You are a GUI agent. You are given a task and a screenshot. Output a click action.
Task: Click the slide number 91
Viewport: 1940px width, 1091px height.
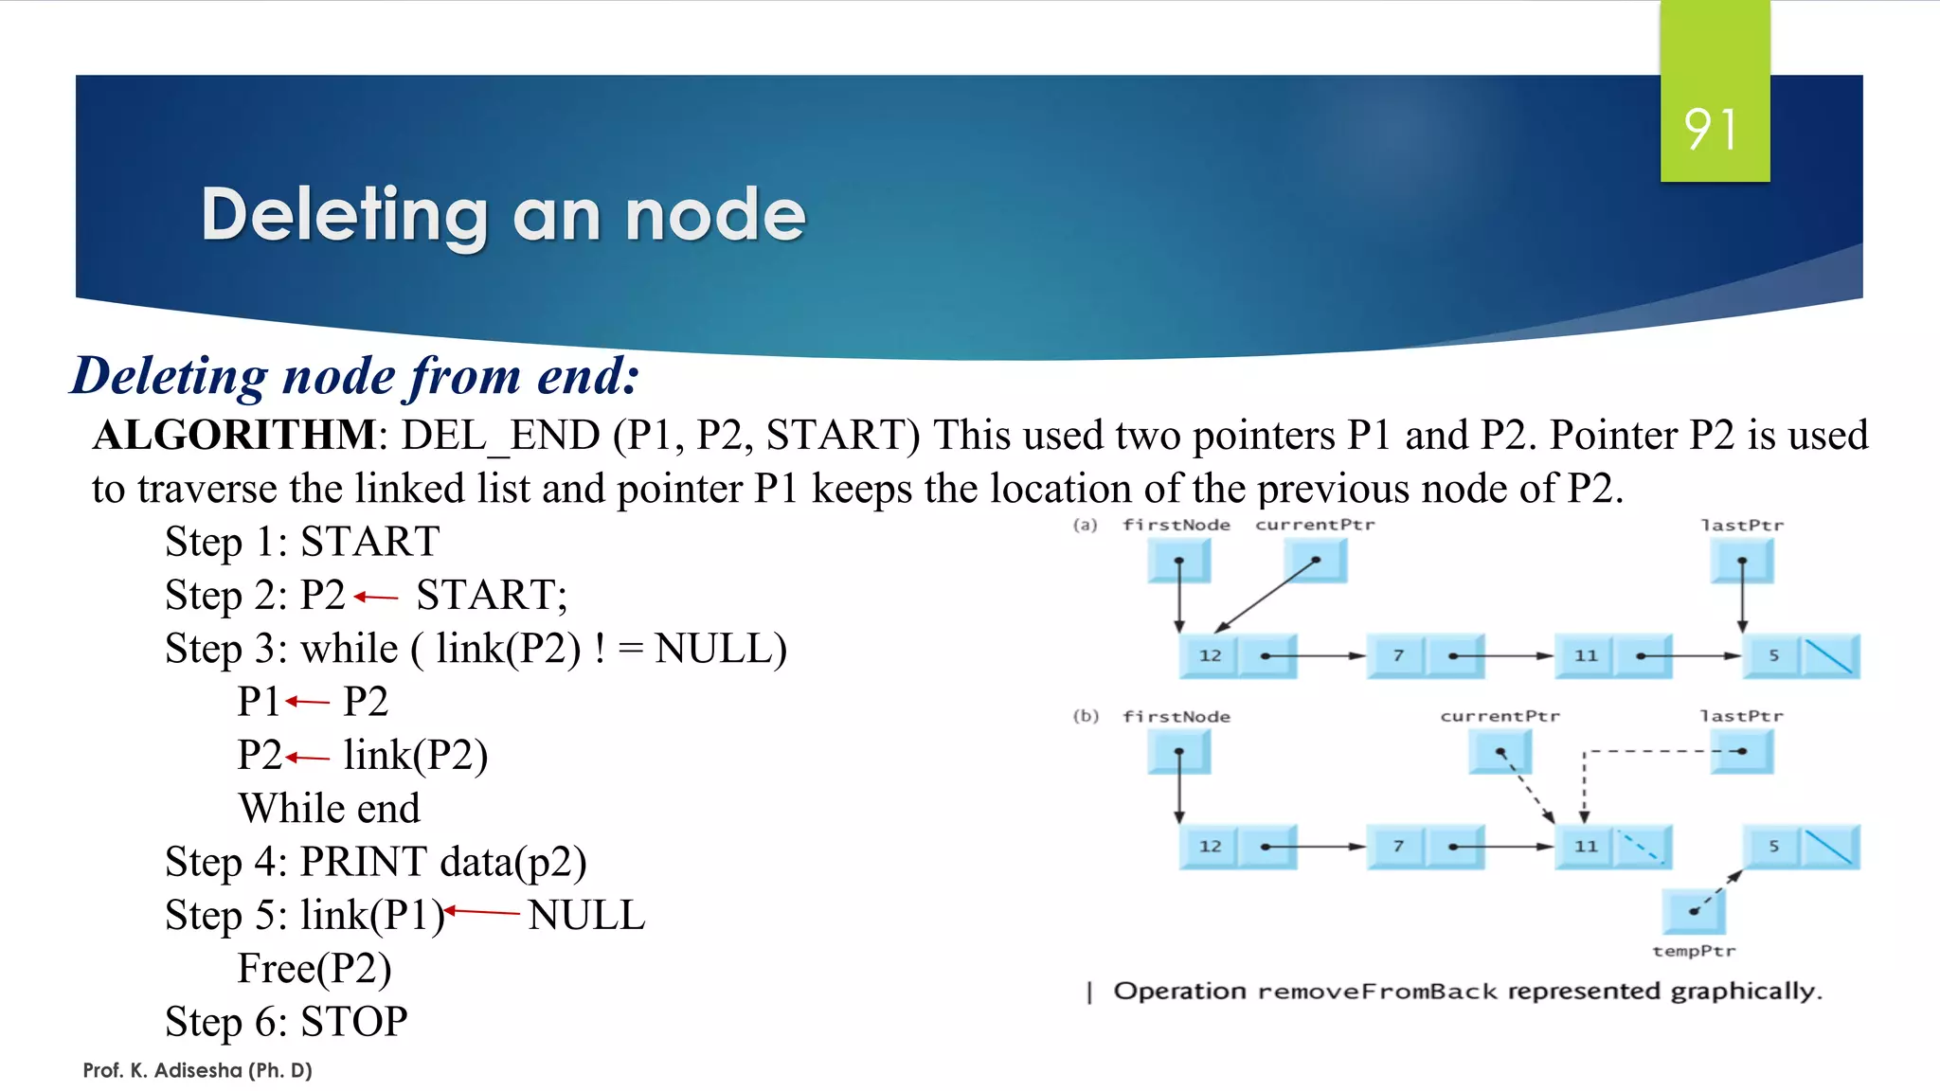[x=1712, y=130]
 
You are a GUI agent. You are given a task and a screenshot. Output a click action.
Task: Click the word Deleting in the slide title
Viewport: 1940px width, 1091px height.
[x=345, y=215]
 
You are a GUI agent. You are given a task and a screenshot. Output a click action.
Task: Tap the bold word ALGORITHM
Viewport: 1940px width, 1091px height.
[x=234, y=436]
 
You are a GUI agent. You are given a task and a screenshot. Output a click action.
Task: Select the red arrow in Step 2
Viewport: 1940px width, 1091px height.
[x=376, y=597]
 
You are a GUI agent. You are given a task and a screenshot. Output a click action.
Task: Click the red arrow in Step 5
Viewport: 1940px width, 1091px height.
[x=482, y=911]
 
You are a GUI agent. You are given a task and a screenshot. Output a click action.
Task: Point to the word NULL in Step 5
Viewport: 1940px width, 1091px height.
[x=586, y=916]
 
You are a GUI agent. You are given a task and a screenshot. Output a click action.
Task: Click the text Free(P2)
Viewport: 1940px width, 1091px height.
[x=314, y=969]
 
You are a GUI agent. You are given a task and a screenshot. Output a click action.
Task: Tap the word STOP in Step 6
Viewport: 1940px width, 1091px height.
[x=353, y=1022]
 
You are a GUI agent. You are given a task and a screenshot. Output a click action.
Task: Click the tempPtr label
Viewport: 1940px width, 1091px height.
[x=1694, y=951]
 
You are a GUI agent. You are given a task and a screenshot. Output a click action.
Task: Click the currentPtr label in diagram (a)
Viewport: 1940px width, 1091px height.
[x=1314, y=525]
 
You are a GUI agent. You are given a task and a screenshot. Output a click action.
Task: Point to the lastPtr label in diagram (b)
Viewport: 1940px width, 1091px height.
[x=1741, y=716]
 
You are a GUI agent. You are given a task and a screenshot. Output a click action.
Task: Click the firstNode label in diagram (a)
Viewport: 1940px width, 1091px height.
[x=1176, y=525]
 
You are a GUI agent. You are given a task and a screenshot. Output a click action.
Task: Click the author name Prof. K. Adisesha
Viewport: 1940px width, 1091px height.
[x=197, y=1070]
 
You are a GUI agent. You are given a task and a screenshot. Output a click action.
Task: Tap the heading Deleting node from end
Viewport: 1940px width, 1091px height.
[x=355, y=376]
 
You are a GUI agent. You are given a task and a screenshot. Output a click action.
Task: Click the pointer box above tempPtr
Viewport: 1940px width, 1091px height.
[x=1694, y=911]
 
